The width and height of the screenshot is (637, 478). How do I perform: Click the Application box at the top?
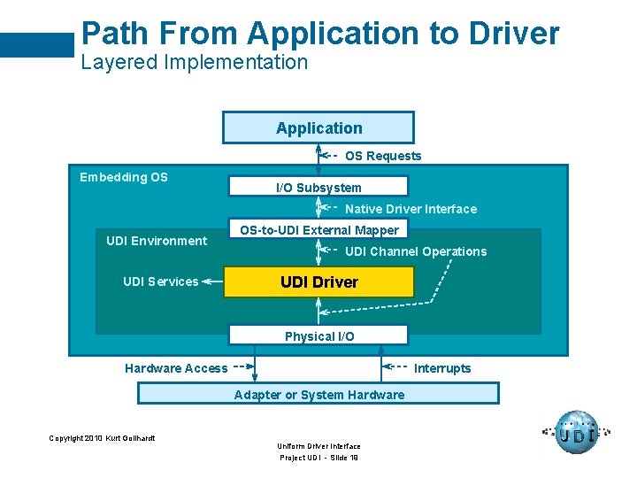tap(318, 127)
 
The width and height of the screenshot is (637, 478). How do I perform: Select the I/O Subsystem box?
tap(318, 187)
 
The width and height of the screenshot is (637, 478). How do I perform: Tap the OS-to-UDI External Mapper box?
tap(318, 230)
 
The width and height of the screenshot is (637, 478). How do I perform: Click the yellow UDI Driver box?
tap(318, 282)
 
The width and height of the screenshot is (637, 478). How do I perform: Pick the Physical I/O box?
tap(318, 335)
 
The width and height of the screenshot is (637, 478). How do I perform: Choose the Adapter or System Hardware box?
tap(318, 394)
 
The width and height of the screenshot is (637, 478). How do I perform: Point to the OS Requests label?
tap(383, 156)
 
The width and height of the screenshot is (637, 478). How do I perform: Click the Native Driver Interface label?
tap(411, 209)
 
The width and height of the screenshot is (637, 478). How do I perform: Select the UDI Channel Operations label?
tap(416, 251)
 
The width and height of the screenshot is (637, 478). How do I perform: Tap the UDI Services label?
tap(160, 281)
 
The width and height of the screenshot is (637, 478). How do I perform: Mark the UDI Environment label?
tap(157, 241)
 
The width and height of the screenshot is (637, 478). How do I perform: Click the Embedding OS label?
tap(124, 177)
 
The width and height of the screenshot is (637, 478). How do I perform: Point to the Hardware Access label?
tap(176, 368)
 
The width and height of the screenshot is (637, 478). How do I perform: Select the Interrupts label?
tap(442, 368)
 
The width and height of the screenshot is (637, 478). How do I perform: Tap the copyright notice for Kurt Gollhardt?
tap(102, 438)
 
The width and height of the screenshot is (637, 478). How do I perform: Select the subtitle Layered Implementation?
tap(195, 62)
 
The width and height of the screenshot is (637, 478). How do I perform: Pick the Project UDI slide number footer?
tap(318, 458)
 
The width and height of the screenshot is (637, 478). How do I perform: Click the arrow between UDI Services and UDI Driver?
tap(212, 281)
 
